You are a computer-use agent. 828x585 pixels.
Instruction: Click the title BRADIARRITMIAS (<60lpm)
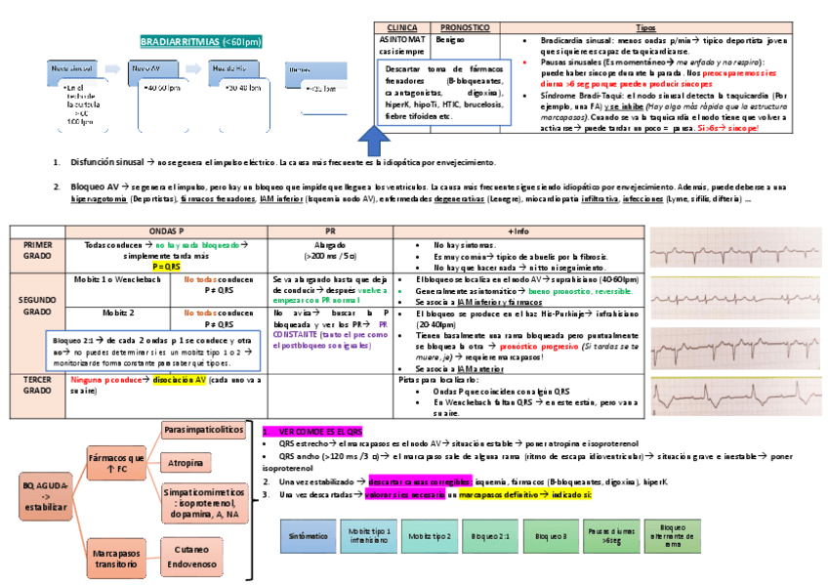[201, 42]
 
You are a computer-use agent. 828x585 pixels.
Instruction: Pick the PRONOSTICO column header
[465, 28]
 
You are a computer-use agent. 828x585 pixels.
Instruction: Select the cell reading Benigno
[451, 41]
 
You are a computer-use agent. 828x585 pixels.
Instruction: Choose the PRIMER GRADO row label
[38, 250]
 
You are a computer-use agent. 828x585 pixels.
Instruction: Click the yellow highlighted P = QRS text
[167, 266]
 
